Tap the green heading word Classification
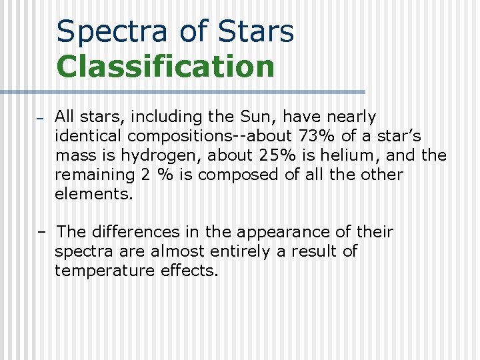165,67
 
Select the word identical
89,137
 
